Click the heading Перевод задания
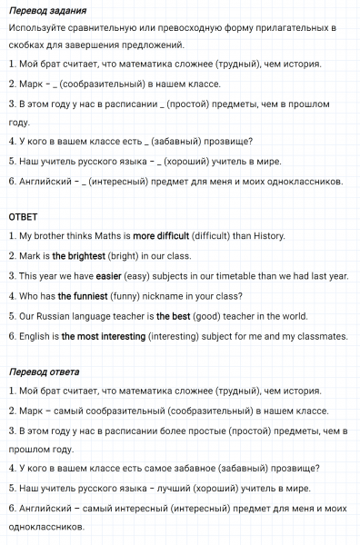pyautogui.click(x=47, y=11)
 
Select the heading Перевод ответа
pyautogui.click(x=44, y=372)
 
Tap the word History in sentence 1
pyautogui.click(x=265, y=236)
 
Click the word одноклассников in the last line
pyautogui.click(x=51, y=528)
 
